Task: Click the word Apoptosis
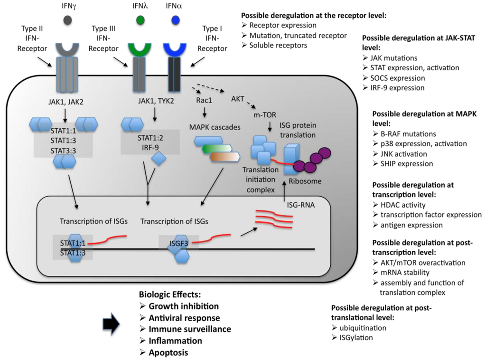168,352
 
